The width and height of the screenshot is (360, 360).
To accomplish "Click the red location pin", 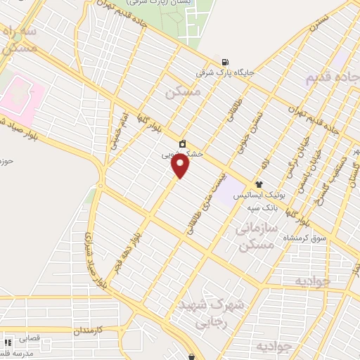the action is [x=181, y=165].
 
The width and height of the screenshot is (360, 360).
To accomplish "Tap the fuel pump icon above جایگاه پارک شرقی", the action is [x=225, y=60].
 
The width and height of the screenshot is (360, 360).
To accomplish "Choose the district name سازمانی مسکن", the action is [x=255, y=237].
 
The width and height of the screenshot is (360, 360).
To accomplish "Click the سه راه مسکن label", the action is [x=18, y=41].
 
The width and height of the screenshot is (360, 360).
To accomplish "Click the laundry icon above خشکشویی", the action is [x=183, y=143].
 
